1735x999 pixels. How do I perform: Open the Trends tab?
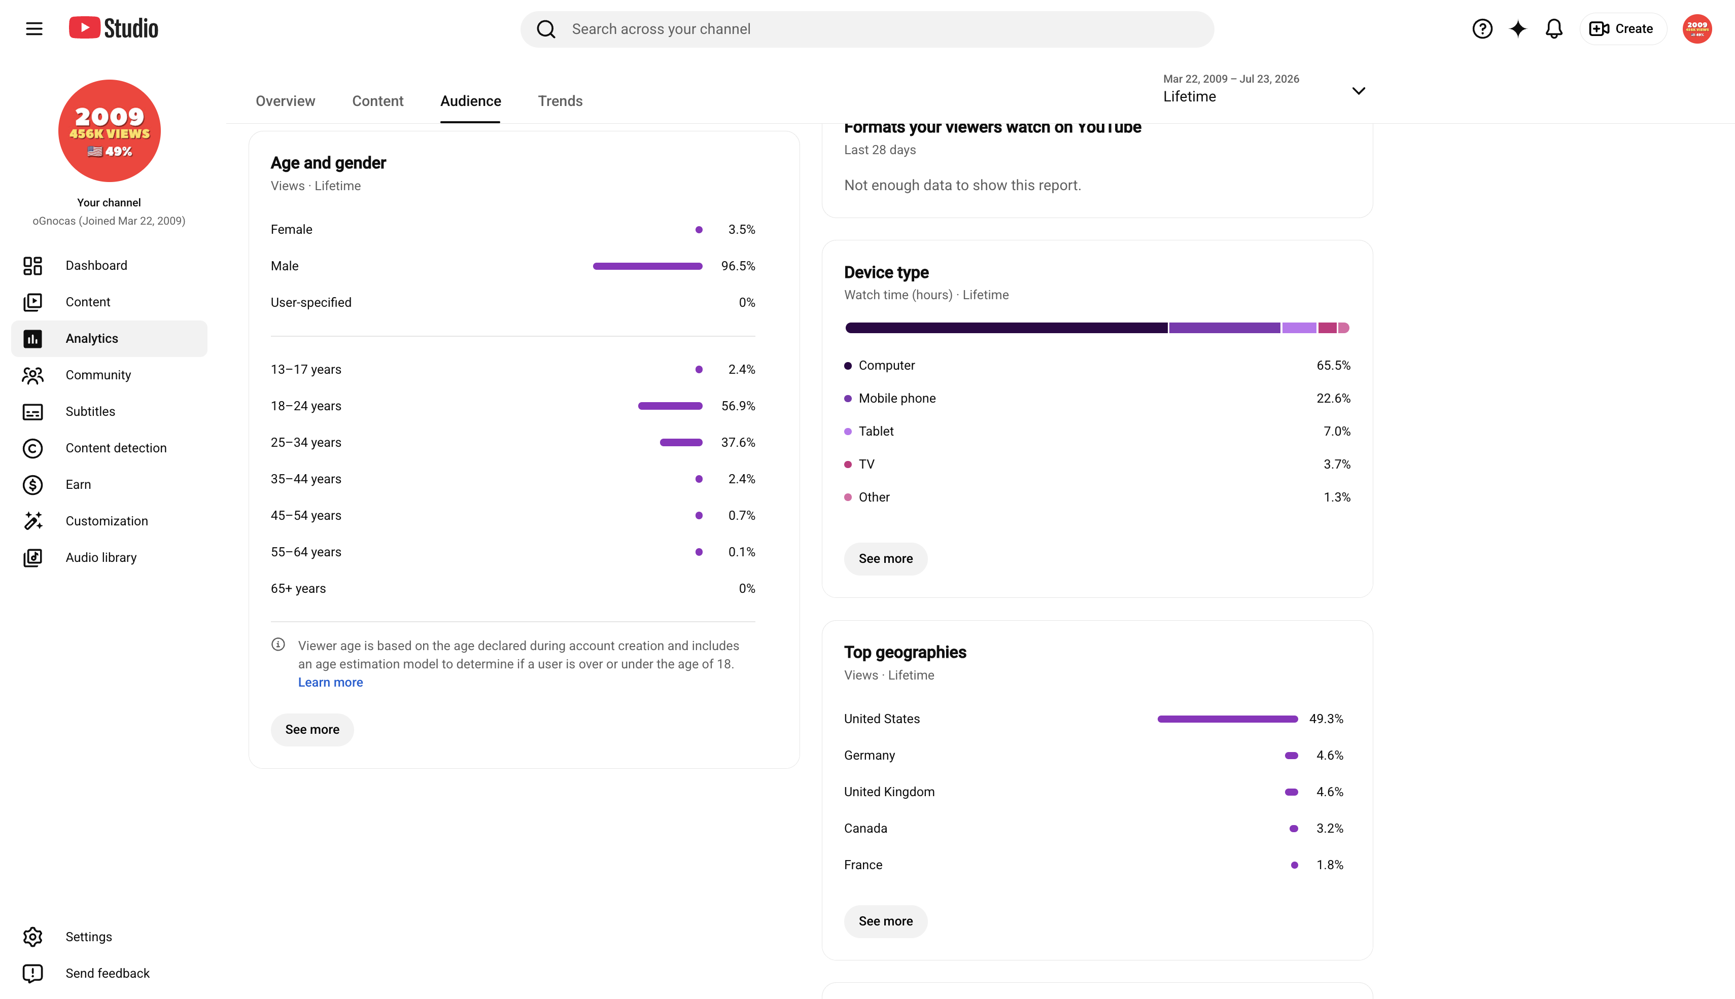coord(560,101)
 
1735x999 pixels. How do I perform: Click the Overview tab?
coord(286,101)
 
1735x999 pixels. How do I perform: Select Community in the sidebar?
coord(98,375)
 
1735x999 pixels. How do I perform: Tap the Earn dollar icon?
coord(32,484)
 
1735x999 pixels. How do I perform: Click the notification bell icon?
coord(1554,29)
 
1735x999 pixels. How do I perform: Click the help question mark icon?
coord(1482,29)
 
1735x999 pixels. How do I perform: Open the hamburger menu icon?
coord(34,29)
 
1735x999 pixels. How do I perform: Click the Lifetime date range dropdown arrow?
coord(1358,91)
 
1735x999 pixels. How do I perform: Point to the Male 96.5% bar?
coord(648,266)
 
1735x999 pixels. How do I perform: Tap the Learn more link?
coord(330,682)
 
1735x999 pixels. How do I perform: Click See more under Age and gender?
coord(313,729)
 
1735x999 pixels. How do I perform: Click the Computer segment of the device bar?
coord(1006,328)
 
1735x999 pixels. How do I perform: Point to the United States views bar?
coord(1228,719)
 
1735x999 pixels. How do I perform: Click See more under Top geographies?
coord(885,921)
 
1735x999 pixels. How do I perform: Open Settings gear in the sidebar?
coord(32,937)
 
